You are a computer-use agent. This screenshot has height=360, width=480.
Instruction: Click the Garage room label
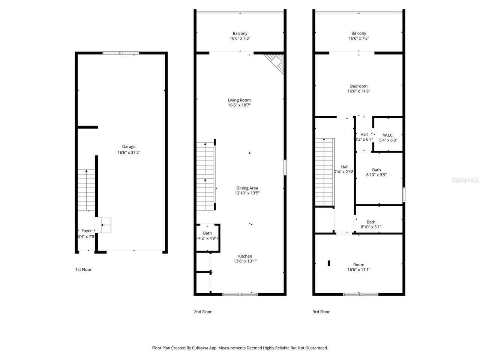click(129, 147)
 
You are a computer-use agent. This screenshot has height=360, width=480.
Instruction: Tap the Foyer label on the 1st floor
click(87, 231)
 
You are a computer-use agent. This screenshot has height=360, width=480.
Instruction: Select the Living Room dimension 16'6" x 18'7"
click(239, 105)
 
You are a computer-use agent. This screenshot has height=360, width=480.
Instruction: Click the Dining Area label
click(247, 188)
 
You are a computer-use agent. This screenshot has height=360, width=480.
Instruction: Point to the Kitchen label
click(245, 256)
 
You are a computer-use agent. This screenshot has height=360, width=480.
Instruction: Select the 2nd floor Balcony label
click(240, 33)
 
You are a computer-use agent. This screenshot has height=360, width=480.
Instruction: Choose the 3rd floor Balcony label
click(359, 33)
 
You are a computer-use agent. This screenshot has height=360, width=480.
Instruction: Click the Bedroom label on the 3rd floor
click(359, 86)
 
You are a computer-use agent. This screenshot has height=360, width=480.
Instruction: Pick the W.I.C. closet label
click(388, 135)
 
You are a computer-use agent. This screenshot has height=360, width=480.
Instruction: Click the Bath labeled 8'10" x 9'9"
click(376, 172)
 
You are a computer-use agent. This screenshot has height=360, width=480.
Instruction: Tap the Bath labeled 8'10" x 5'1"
click(371, 224)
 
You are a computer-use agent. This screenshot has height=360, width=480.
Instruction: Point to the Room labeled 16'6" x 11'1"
click(359, 267)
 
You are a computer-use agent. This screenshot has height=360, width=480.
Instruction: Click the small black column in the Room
click(329, 263)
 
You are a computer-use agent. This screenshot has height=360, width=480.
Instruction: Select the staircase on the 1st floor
click(87, 190)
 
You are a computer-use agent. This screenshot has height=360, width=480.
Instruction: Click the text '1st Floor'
click(84, 270)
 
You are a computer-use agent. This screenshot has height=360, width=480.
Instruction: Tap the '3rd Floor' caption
click(321, 312)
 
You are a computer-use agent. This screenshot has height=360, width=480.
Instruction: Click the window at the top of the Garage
click(121, 53)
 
